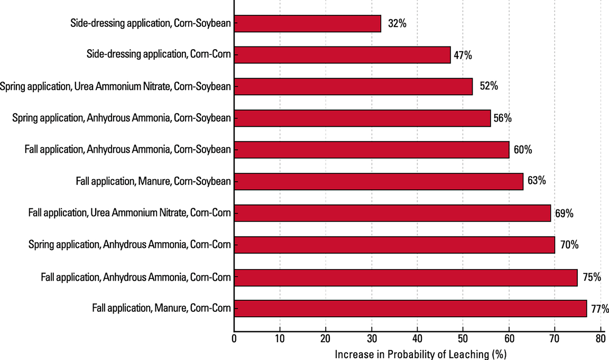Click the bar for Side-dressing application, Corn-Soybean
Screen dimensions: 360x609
coord(307,23)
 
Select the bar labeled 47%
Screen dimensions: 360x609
coord(342,54)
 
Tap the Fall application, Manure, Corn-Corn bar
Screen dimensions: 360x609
coord(410,308)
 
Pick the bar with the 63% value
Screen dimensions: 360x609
coord(379,181)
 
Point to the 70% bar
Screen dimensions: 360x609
coord(394,245)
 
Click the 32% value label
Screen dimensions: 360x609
coord(397,23)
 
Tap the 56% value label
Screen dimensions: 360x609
coord(502,118)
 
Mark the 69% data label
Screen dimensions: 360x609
coord(564,214)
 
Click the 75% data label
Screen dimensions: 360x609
coord(592,276)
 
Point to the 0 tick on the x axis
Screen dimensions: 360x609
coord(234,337)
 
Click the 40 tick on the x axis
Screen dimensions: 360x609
coord(417,337)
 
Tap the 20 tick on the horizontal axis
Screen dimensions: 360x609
coord(326,337)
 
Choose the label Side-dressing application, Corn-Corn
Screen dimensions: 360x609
coord(159,54)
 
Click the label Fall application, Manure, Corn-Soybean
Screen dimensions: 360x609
coord(153,181)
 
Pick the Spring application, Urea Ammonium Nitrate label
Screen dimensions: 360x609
coord(116,86)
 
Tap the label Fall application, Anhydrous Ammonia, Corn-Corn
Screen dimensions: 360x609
coord(136,276)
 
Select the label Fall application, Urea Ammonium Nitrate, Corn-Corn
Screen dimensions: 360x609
coord(130,214)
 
